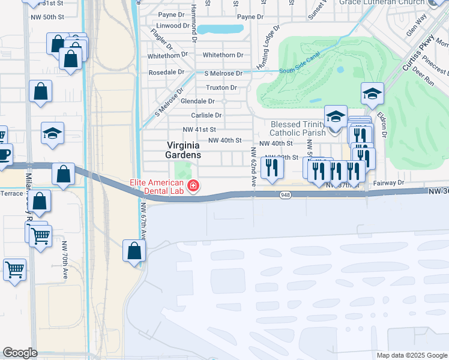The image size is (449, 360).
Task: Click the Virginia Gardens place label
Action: [184, 149]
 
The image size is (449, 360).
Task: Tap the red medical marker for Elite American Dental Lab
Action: [193, 187]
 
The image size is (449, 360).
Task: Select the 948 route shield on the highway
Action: [286, 195]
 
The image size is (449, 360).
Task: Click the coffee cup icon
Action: [4, 154]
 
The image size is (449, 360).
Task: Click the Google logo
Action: [20, 353]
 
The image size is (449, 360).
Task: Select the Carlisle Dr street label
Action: [206, 115]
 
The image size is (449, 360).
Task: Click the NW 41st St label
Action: [199, 130]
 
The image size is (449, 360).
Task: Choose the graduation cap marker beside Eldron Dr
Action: [372, 94]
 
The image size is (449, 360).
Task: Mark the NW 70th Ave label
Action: [64, 259]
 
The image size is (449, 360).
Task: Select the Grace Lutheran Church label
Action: [382, 3]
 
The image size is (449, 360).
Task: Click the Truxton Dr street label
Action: [221, 88]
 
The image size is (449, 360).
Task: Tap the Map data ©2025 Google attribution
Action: [411, 355]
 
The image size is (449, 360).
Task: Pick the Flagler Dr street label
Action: [158, 40]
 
